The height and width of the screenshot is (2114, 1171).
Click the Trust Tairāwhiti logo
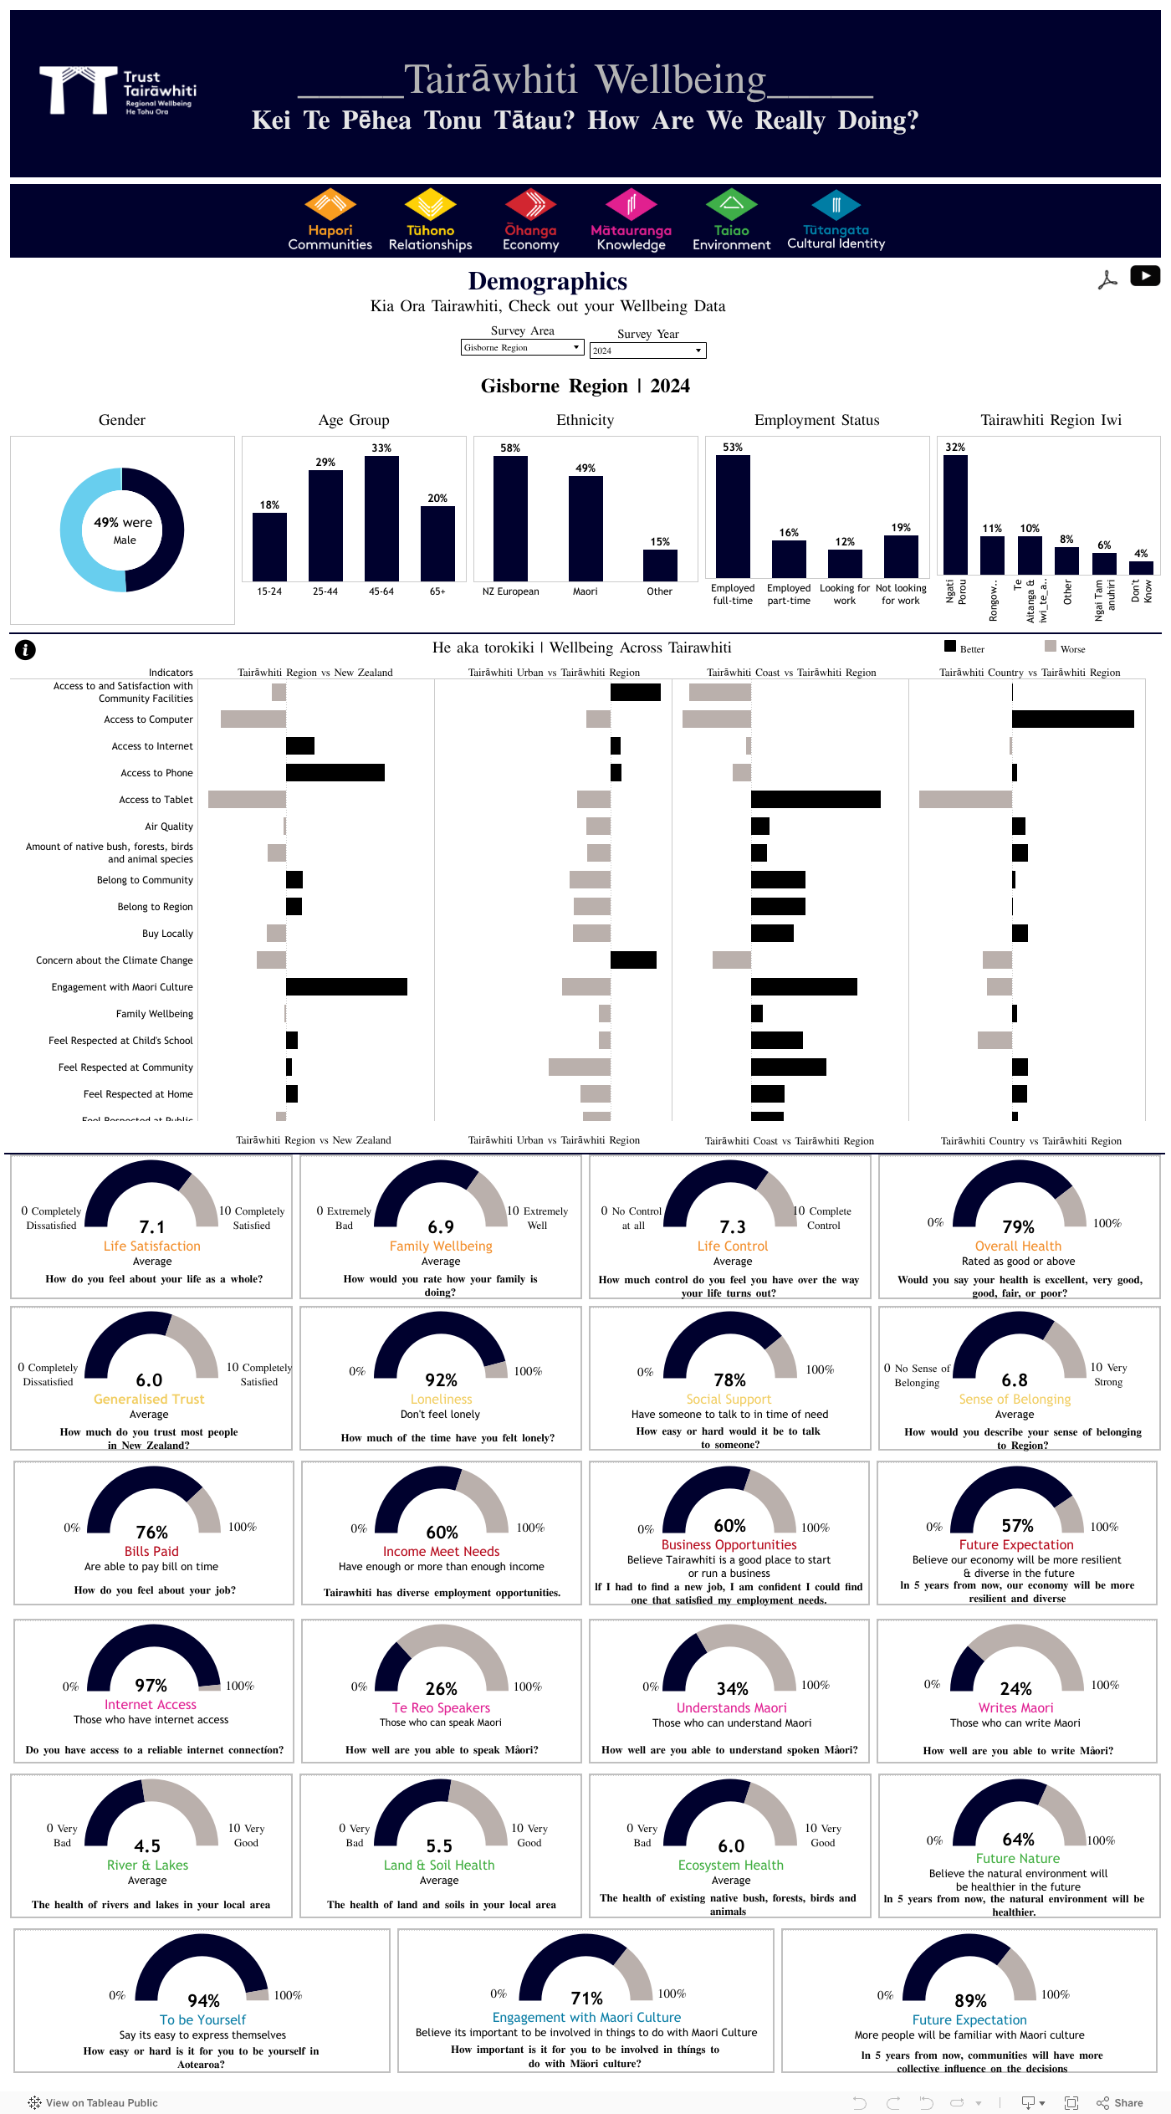point(117,90)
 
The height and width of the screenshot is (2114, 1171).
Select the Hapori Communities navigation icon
point(330,206)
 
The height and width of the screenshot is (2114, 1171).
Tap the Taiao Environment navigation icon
point(731,206)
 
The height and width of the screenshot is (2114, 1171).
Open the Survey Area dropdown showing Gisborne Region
point(522,347)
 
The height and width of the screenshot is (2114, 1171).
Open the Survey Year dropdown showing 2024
point(647,351)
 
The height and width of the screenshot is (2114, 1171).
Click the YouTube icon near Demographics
point(1144,276)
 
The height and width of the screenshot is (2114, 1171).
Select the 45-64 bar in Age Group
point(381,519)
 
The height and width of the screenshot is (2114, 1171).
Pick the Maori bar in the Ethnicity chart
point(585,528)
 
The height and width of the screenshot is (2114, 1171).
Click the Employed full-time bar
point(733,516)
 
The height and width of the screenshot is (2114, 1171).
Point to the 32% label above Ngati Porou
point(955,448)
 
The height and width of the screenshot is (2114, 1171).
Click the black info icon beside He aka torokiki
point(25,649)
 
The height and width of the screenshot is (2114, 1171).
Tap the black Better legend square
point(950,646)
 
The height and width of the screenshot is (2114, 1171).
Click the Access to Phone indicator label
point(156,773)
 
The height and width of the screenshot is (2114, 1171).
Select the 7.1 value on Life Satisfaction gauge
point(152,1227)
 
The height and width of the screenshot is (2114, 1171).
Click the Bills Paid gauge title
point(151,1551)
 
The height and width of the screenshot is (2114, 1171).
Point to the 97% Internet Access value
point(151,1685)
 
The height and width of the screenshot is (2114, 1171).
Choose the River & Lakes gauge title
point(147,1865)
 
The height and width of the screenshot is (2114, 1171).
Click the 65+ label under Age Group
point(437,591)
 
